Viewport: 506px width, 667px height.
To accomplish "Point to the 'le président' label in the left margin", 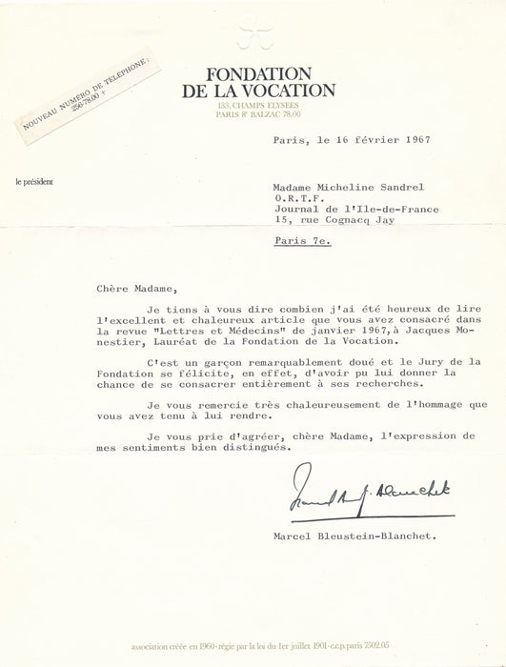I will tap(34, 180).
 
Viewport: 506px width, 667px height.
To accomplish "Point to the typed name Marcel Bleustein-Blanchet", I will tap(365, 536).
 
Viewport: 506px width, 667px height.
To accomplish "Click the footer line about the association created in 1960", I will tap(253, 644).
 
